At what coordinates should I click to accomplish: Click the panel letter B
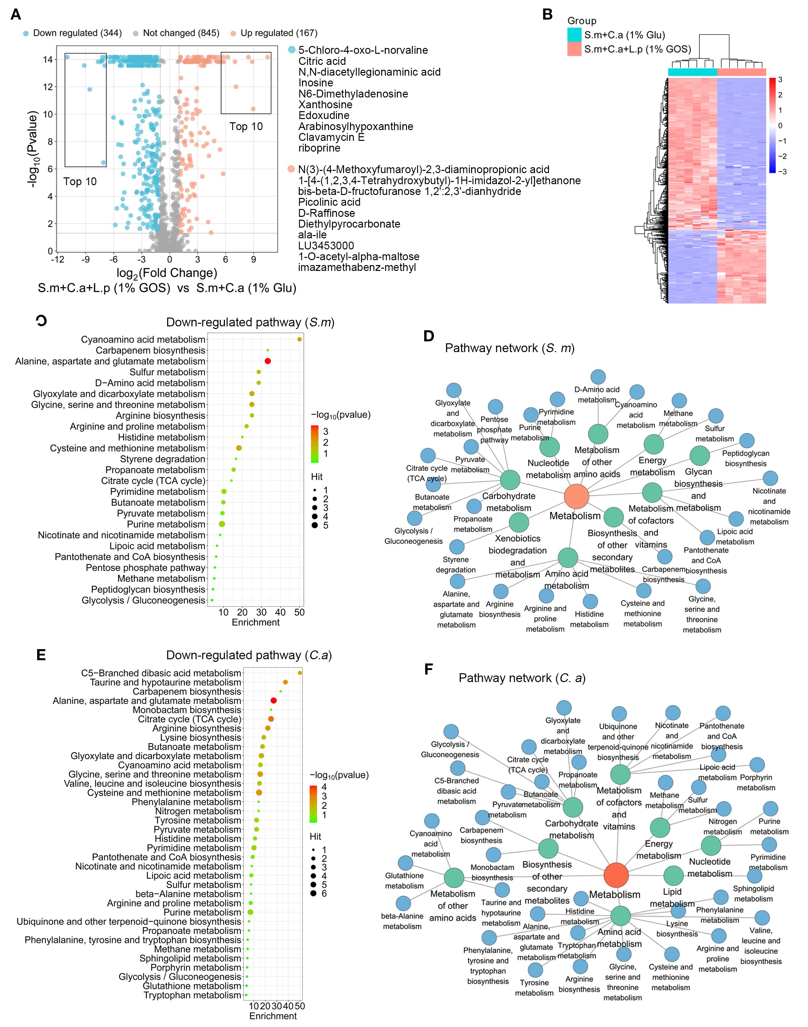pyautogui.click(x=547, y=14)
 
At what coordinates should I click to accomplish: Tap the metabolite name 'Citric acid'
pyautogui.click(x=322, y=61)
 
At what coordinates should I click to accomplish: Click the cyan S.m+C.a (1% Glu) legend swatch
pyautogui.click(x=574, y=35)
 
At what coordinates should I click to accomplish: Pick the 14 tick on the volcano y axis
pyautogui.click(x=48, y=60)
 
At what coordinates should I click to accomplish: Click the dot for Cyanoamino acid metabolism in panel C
pyautogui.click(x=299, y=339)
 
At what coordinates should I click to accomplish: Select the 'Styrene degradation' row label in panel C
pyautogui.click(x=162, y=459)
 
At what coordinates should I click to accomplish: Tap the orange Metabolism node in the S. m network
pyautogui.click(x=576, y=497)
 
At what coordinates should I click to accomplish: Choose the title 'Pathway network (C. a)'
pyautogui.click(x=522, y=678)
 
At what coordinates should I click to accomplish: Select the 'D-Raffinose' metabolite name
pyautogui.click(x=326, y=213)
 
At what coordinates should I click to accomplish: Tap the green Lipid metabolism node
pyautogui.click(x=674, y=875)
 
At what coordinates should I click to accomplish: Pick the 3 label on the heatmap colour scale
pyautogui.click(x=780, y=80)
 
